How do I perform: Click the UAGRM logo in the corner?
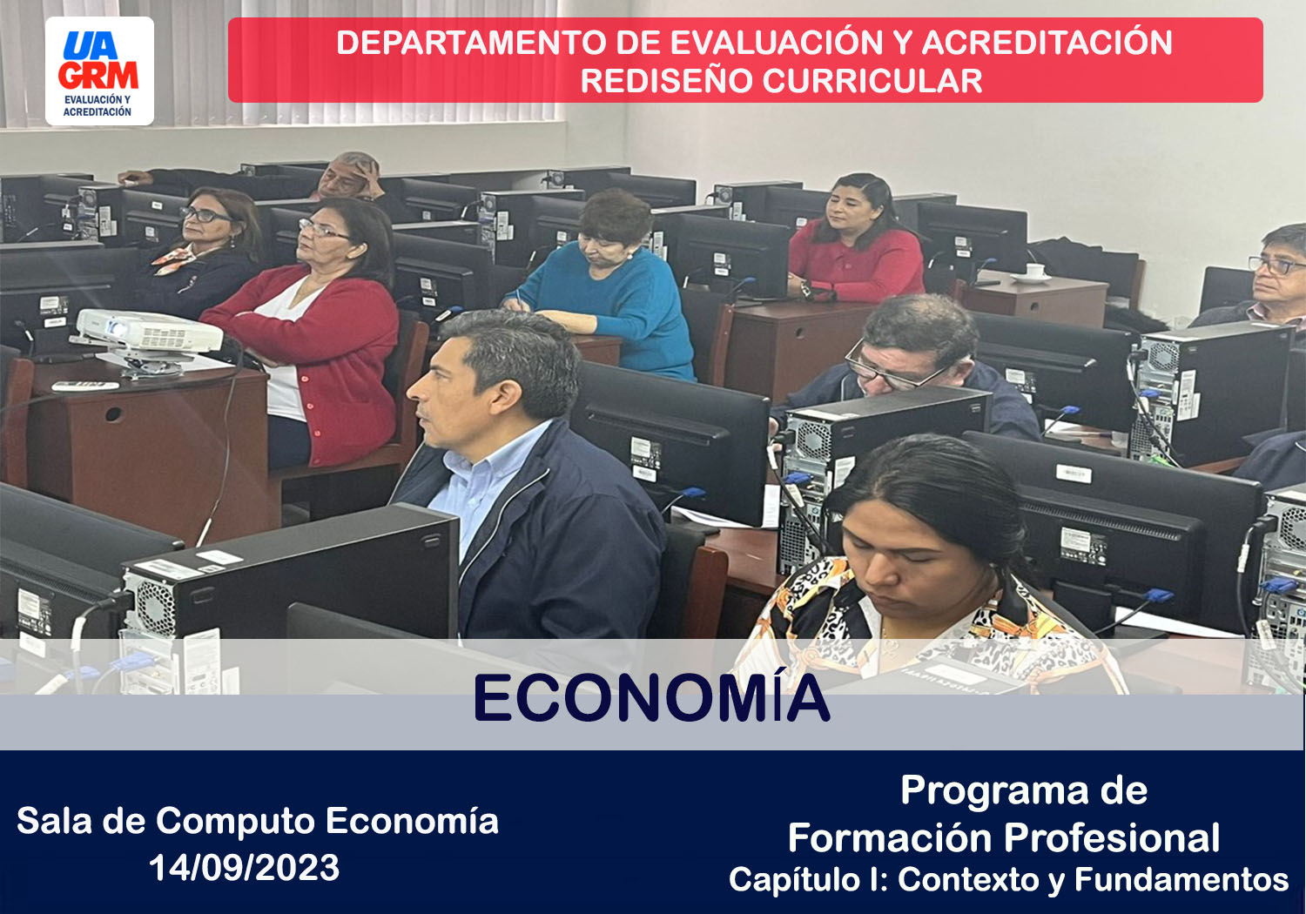(100, 71)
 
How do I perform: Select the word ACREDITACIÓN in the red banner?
(1047, 42)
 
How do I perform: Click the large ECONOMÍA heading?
(652, 698)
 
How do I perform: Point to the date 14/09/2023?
(245, 867)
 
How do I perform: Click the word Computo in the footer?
(236, 823)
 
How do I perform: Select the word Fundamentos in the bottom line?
(1181, 879)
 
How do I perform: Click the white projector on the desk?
(147, 334)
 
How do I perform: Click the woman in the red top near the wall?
(855, 240)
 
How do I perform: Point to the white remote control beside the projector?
(85, 386)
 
